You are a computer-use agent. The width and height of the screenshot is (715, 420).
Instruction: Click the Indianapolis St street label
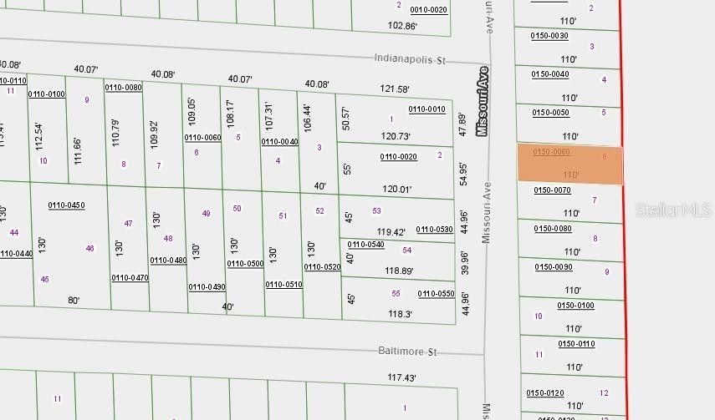pyautogui.click(x=411, y=60)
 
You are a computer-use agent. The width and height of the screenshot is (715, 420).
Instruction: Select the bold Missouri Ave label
pyautogui.click(x=482, y=102)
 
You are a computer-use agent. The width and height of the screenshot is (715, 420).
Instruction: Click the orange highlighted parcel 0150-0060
pyautogui.click(x=570, y=164)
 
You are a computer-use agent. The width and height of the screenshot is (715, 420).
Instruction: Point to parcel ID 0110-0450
pyautogui.click(x=66, y=205)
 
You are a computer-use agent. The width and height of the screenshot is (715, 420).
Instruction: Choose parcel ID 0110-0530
pyautogui.click(x=434, y=229)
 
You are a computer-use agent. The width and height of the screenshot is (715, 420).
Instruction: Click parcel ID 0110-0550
pyautogui.click(x=436, y=293)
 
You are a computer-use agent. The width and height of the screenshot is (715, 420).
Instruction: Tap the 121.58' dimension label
pyautogui.click(x=395, y=89)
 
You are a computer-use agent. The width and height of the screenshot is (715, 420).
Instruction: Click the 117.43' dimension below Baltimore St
pyautogui.click(x=401, y=378)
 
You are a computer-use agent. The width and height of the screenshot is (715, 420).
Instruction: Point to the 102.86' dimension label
pyautogui.click(x=402, y=26)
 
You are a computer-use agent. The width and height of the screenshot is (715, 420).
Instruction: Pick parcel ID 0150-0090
pyautogui.click(x=553, y=267)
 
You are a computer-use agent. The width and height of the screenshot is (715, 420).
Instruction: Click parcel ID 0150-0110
pyautogui.click(x=576, y=344)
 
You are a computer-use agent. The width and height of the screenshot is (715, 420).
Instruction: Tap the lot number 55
pyautogui.click(x=396, y=293)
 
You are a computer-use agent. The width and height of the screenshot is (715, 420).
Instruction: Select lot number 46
pyautogui.click(x=89, y=248)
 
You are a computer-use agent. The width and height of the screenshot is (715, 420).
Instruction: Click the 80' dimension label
pyautogui.click(x=74, y=301)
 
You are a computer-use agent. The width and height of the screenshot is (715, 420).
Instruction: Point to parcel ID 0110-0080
pyautogui.click(x=123, y=87)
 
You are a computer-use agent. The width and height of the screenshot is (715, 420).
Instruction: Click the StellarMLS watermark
pyautogui.click(x=674, y=210)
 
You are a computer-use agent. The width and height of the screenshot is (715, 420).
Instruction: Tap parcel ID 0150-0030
pyautogui.click(x=549, y=36)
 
